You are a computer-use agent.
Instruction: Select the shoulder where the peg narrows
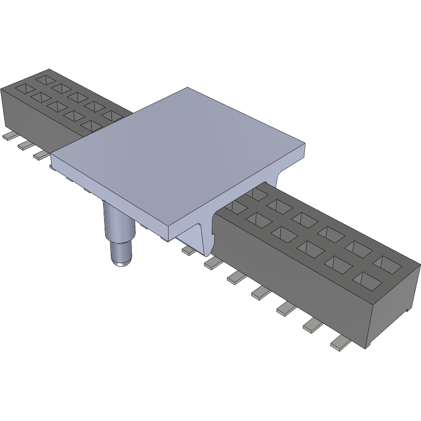(120, 240)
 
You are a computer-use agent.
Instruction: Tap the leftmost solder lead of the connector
(9, 136)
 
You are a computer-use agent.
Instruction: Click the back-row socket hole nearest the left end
(46, 80)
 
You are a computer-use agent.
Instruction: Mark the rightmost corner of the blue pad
(307, 146)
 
